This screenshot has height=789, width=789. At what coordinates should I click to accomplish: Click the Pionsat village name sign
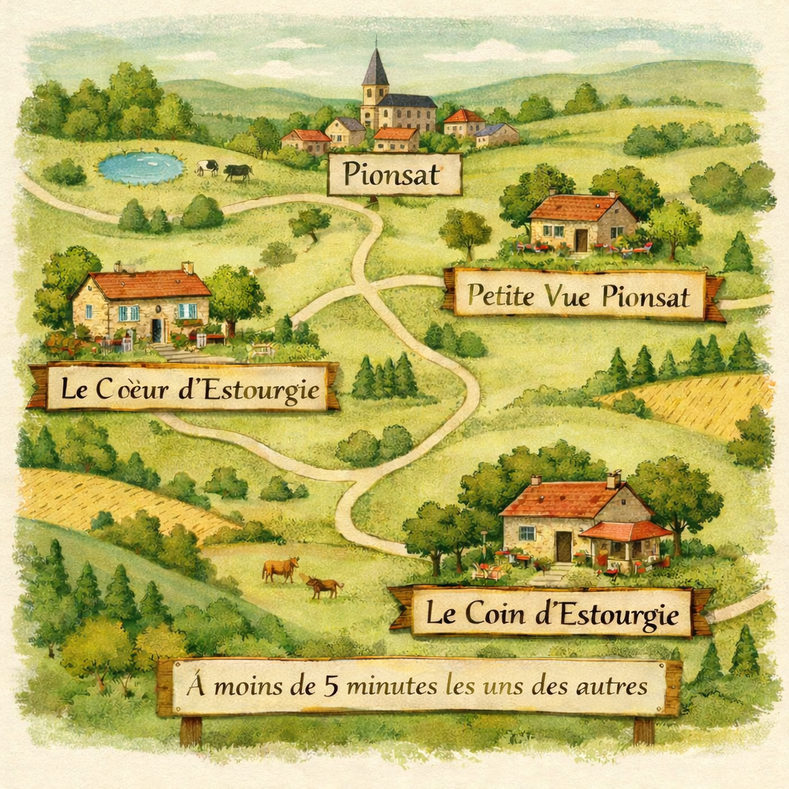(x=394, y=175)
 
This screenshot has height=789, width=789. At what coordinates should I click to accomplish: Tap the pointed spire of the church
(x=374, y=66)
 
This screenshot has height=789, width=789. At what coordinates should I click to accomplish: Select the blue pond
(x=141, y=167)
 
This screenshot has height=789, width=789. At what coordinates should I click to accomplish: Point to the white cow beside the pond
(x=206, y=166)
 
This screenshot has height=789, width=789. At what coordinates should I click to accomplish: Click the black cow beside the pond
(x=237, y=172)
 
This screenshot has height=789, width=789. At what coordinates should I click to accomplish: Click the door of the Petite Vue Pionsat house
(x=581, y=240)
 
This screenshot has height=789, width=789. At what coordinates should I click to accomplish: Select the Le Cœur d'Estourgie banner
(x=183, y=388)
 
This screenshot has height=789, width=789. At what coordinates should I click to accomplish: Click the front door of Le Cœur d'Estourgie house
(x=156, y=330)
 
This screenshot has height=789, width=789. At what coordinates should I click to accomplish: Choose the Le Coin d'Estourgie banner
(x=551, y=613)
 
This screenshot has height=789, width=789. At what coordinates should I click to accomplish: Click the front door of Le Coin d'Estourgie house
(x=564, y=546)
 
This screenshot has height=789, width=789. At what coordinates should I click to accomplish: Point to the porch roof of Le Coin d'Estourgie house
(x=625, y=531)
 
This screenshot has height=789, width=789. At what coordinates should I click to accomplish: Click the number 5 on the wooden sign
(x=331, y=686)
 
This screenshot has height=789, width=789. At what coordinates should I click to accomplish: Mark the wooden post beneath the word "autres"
(x=643, y=730)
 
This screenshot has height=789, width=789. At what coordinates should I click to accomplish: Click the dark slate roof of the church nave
(x=408, y=100)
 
